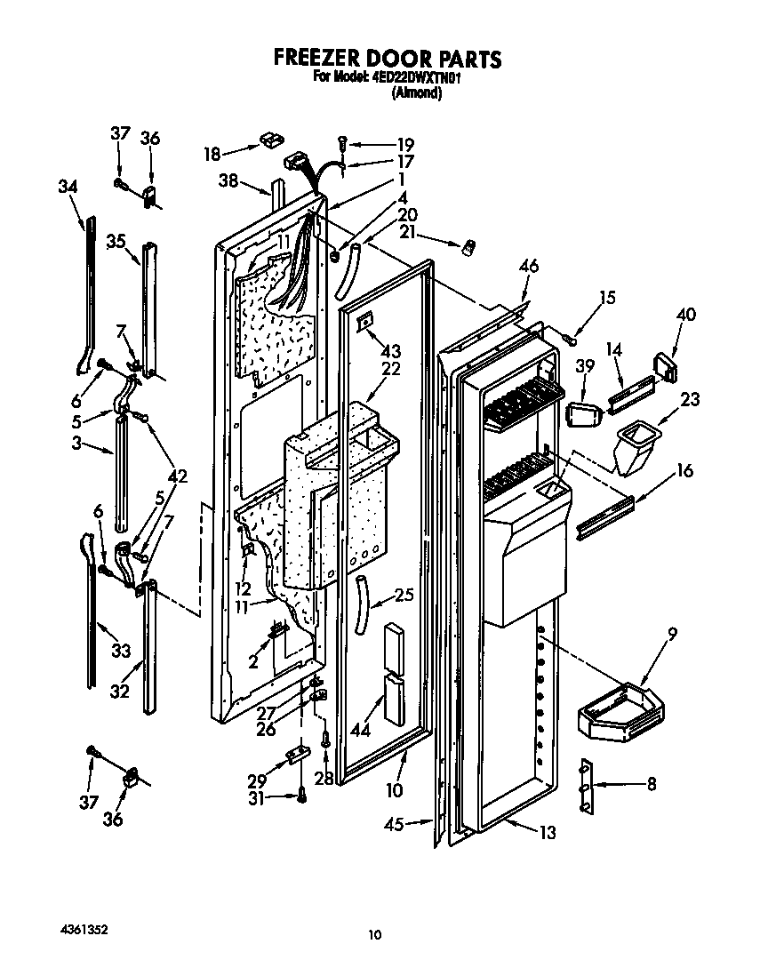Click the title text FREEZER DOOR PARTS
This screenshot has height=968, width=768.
point(387,59)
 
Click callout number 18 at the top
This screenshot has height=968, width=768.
point(212,154)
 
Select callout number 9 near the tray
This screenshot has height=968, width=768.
point(672,634)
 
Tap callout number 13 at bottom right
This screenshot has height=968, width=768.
point(548,833)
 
